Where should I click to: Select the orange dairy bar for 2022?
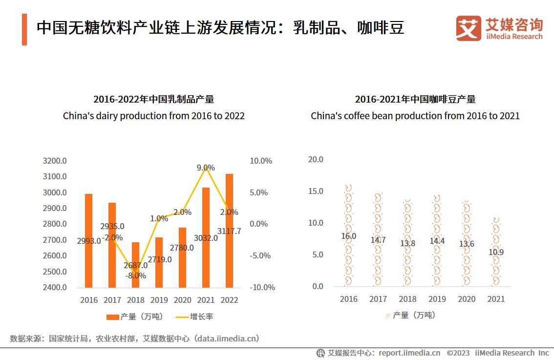[229, 205]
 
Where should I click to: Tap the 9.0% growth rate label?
[206, 168]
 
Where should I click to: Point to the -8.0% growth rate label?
[136, 275]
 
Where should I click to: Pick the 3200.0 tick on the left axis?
[55, 161]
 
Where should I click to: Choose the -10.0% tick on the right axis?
[262, 287]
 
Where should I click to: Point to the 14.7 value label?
[378, 240]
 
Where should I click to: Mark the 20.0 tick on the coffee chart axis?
[317, 159]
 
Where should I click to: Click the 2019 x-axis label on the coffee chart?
[437, 299]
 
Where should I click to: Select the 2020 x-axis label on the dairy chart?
[182, 300]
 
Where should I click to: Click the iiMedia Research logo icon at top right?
[469, 29]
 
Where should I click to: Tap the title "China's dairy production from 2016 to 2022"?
[153, 116]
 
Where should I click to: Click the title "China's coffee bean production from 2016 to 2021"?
[415, 116]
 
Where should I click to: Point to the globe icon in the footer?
[320, 353]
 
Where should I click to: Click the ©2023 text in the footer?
[458, 353]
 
